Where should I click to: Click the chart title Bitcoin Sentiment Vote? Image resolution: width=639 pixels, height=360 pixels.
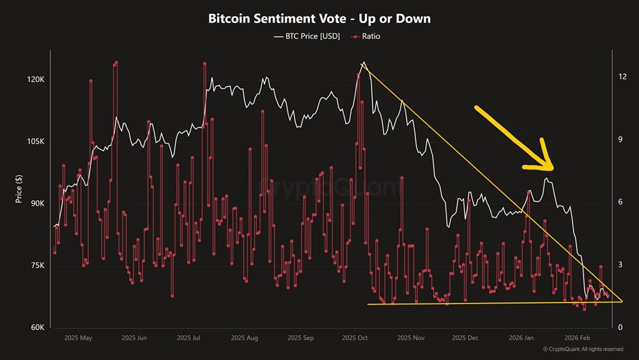319,19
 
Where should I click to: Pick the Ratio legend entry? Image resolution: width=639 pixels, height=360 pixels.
366,36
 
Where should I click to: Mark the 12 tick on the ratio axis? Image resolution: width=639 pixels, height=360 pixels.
622,77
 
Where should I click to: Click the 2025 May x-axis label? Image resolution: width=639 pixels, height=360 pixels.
79,338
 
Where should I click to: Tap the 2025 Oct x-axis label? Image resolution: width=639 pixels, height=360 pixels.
353,338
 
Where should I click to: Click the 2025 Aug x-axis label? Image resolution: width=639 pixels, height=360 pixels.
244,338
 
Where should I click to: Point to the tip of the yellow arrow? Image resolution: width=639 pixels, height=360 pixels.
551,169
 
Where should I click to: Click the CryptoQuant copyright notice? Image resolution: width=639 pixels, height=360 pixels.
583,349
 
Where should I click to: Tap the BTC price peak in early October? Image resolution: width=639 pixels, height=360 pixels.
363,63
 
